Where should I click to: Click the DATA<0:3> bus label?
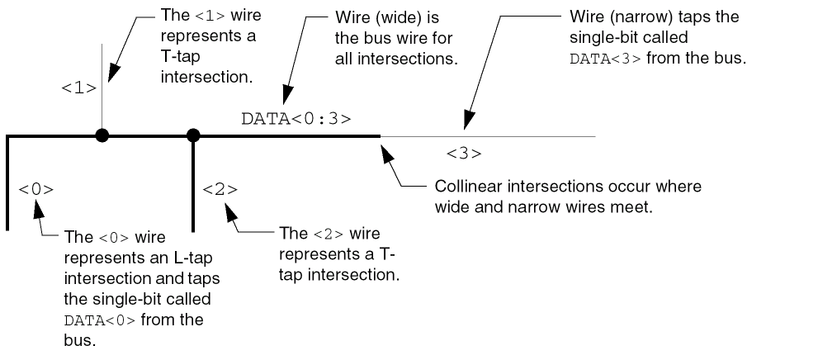[x=296, y=118]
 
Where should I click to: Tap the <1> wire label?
[x=79, y=88]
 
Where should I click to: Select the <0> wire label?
[x=35, y=189]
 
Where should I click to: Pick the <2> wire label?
[x=220, y=189]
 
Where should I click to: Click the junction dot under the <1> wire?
[x=102, y=135]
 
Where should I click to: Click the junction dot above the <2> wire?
[x=193, y=135]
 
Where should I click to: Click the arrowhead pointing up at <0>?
[x=38, y=206]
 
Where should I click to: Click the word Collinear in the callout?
[x=466, y=187]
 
